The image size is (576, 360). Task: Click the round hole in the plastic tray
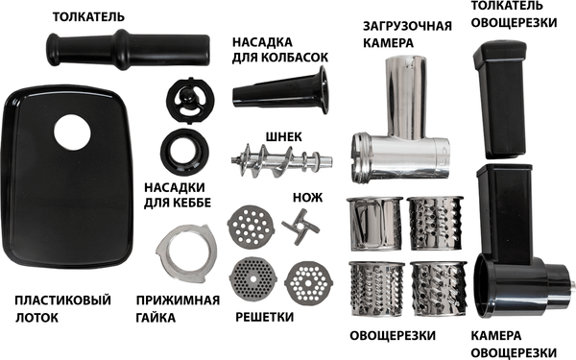[x=73, y=132]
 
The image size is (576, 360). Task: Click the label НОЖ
[x=307, y=197]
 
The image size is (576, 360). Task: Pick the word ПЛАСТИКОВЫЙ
[x=57, y=300]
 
